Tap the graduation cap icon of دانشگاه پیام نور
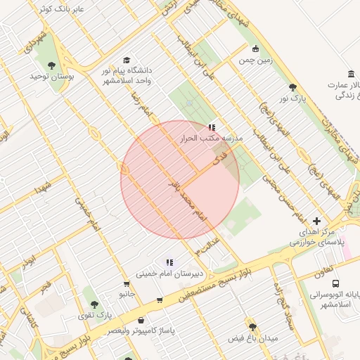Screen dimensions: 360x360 point(127,60)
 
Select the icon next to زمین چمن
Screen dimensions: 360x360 point(255,49)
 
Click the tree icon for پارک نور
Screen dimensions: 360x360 point(292,87)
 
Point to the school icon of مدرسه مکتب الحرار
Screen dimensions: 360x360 point(212,127)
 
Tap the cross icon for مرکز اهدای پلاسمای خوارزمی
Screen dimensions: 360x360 point(316,221)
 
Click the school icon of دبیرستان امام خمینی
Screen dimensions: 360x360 point(169,263)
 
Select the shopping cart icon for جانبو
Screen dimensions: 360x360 point(127,284)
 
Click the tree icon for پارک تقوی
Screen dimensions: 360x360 point(95,304)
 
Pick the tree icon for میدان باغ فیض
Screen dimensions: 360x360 point(252,327)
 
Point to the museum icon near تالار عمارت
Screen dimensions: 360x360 point(351,75)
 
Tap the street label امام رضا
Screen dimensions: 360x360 point(143,103)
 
